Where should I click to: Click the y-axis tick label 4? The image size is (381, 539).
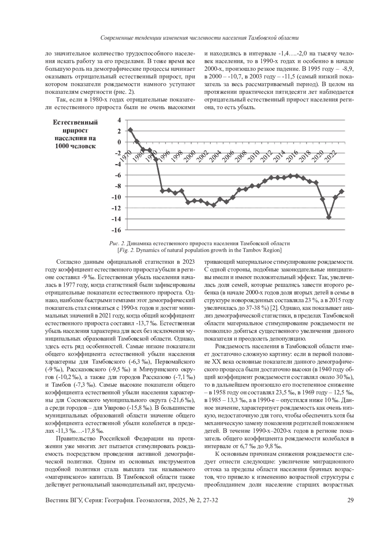tap(119, 120)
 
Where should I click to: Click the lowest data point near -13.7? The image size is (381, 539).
tap(329, 217)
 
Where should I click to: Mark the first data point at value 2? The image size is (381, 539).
tap(130, 130)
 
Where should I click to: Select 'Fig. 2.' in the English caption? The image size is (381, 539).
tap(127, 250)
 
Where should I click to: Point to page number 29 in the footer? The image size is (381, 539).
tap(351, 501)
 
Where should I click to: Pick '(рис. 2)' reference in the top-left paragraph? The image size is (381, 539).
tap(124, 92)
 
